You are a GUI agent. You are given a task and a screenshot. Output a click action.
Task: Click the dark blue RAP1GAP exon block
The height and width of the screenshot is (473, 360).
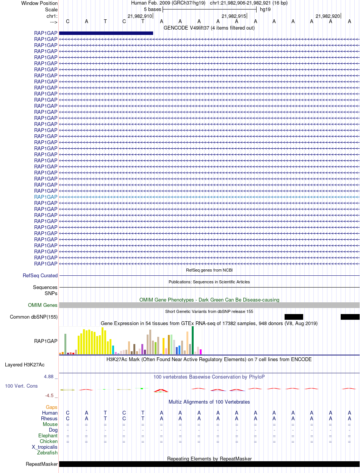point(106,33)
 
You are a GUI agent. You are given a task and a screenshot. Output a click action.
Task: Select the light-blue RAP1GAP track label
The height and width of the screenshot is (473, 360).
point(46,197)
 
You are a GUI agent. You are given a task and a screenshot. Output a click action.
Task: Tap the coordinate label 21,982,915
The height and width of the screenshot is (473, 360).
point(233,16)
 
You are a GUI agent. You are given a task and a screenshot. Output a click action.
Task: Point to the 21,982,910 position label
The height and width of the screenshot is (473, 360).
point(139,16)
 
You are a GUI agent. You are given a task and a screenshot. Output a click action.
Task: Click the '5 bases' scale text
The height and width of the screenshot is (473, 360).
point(152,9)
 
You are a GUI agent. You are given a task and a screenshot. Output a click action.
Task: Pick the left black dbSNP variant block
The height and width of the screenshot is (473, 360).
point(294,317)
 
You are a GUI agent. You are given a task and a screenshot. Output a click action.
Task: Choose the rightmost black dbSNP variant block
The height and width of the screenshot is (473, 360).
point(350,317)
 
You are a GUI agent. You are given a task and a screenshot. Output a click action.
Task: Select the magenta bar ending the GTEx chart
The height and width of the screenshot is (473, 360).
point(201,352)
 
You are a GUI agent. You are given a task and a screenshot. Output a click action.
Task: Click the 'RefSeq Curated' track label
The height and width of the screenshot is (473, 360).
point(40,275)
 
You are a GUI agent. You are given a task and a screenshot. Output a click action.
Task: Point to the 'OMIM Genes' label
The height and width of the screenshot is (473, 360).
point(43,305)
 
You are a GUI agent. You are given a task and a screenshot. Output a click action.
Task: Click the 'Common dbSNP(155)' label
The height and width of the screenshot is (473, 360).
point(34,317)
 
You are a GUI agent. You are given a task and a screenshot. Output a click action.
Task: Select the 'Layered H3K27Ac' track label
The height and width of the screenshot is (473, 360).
point(25,365)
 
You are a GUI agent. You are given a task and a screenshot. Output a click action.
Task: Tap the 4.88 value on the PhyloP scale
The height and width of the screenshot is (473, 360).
point(49,377)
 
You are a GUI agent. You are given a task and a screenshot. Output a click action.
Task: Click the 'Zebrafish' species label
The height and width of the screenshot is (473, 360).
point(47,453)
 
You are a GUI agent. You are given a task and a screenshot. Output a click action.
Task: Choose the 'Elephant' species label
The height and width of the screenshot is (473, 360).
point(48,435)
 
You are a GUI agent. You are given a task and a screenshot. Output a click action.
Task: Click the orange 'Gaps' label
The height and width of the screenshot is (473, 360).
point(52,407)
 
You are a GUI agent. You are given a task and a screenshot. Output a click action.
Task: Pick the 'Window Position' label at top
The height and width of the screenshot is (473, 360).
point(39,3)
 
